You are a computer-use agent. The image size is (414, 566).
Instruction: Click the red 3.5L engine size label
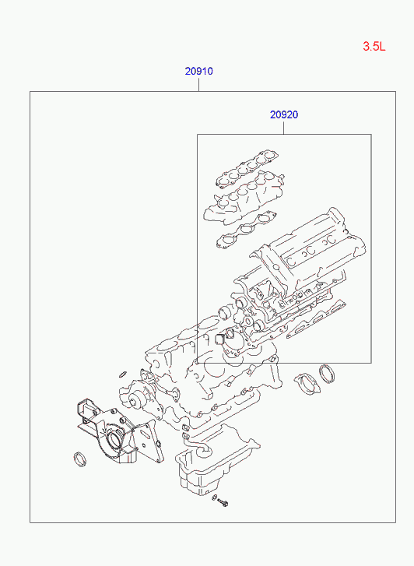(374, 46)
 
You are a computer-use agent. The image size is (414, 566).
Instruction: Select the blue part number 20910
(199, 71)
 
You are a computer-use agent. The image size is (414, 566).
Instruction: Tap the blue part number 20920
(284, 114)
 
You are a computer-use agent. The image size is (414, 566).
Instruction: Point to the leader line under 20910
(199, 84)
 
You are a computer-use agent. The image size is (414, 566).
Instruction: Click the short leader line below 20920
(284, 128)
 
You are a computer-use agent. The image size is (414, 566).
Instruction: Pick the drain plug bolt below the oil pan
(223, 502)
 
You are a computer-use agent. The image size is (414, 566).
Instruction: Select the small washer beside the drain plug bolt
(215, 498)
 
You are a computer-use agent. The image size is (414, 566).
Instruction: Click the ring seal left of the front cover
(80, 459)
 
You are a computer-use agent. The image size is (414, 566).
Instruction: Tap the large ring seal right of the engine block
(327, 374)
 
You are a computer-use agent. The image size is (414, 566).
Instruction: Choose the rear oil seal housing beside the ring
(307, 383)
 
